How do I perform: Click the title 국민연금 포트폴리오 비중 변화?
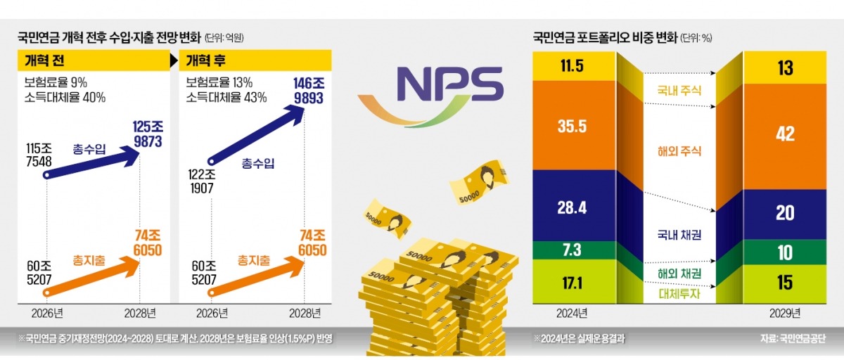[605, 37]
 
